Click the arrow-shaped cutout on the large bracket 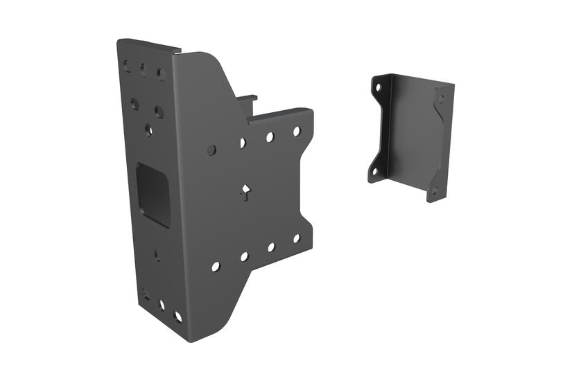[x=244, y=192]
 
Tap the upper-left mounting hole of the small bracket [x=378, y=89]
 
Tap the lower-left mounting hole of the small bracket [x=375, y=171]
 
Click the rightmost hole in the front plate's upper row [x=296, y=131]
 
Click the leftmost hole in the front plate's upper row [x=212, y=150]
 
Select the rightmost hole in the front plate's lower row [x=296, y=238]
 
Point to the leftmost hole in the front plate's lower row [x=216, y=266]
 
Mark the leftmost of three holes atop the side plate [x=127, y=67]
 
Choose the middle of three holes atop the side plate [x=143, y=69]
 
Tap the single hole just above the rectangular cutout [x=148, y=129]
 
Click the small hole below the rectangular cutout [x=157, y=254]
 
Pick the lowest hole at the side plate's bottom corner [x=177, y=317]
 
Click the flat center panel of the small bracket [x=409, y=135]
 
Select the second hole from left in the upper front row [x=243, y=143]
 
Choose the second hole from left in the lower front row [x=244, y=256]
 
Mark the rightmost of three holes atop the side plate [x=160, y=73]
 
